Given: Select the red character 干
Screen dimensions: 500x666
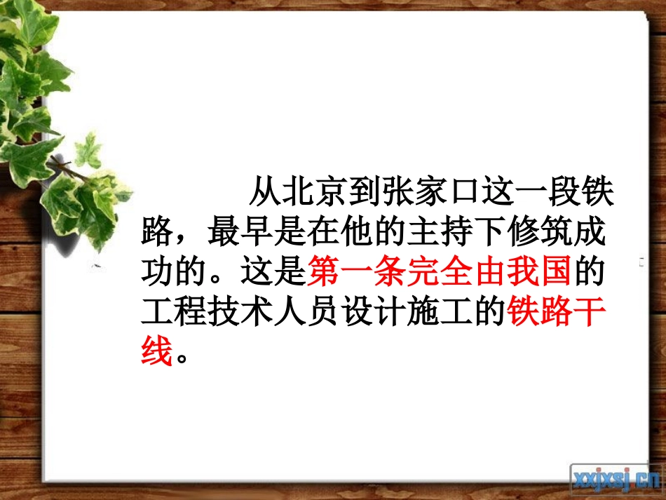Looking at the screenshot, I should (588, 313).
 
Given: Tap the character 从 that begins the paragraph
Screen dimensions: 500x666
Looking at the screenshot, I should (265, 191).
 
